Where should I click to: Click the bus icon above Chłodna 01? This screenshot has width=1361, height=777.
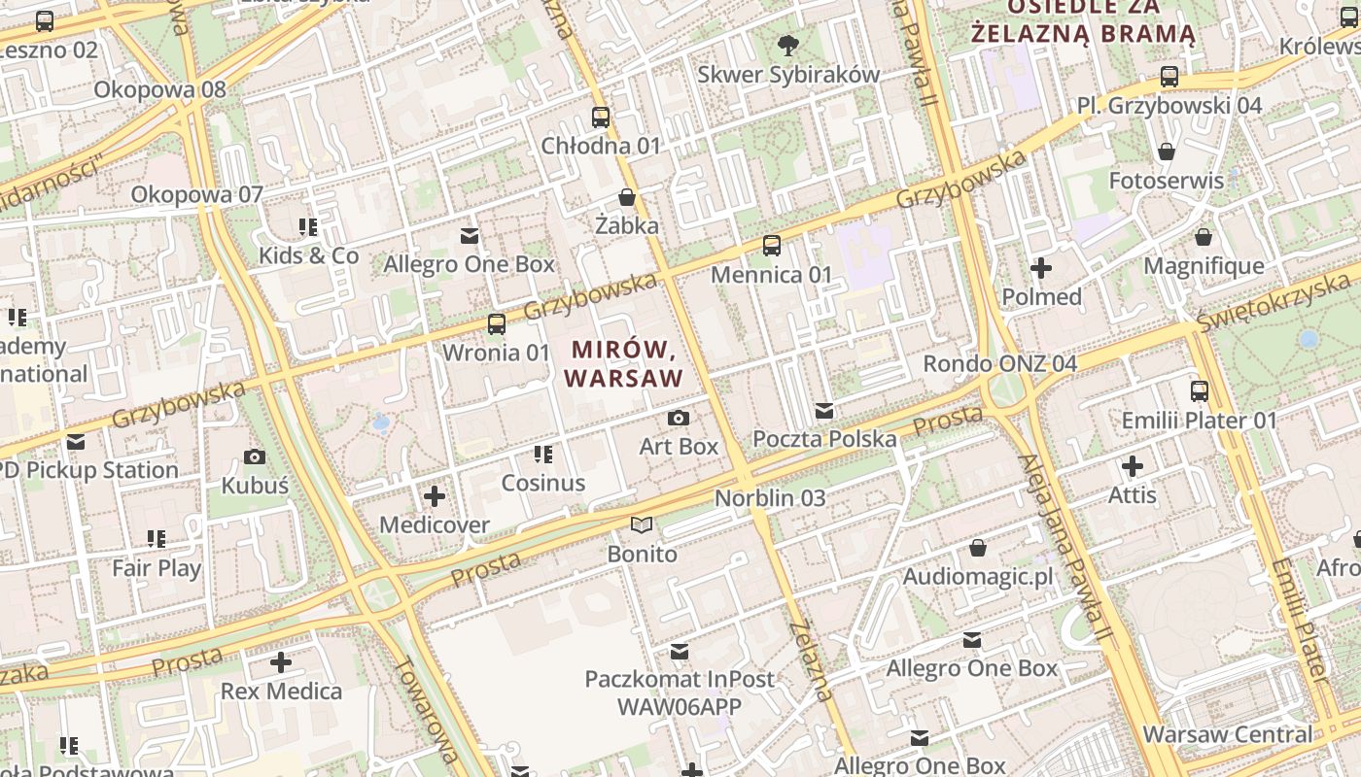pos(601,118)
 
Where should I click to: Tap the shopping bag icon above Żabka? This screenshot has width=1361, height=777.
pos(627,197)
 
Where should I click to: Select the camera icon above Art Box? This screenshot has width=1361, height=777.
pos(679,418)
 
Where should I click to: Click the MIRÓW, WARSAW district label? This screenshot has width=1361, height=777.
pos(623,363)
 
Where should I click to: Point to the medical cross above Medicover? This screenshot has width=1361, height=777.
pos(435,497)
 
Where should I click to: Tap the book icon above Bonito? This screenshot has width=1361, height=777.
pos(642,525)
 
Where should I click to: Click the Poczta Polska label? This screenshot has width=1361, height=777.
pos(824,439)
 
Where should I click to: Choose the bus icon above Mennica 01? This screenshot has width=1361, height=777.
pos(772,246)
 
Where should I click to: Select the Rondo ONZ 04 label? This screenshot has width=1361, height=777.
pos(999,364)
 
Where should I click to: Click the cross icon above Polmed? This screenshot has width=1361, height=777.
pos(1041,268)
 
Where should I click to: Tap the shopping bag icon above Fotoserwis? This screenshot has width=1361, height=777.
pos(1167,152)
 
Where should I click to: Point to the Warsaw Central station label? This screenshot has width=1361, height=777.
pos(1228,734)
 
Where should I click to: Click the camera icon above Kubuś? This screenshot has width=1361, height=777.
pos(255,456)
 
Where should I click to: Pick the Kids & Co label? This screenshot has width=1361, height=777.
pos(308,256)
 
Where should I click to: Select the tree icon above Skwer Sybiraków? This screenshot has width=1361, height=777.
pos(788,45)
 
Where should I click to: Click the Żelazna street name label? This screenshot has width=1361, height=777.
pos(811,660)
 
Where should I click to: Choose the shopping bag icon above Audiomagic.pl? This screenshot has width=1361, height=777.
pos(978,549)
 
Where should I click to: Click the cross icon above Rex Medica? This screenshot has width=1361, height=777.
pos(281,663)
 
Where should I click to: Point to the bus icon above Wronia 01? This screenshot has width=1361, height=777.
pos(497,323)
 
